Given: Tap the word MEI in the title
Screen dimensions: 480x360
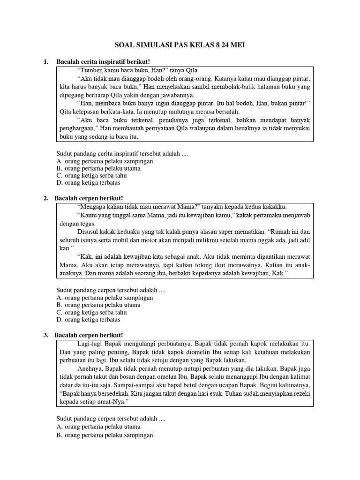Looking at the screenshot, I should [236, 45].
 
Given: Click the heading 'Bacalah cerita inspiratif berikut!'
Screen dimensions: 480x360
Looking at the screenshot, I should [103, 62].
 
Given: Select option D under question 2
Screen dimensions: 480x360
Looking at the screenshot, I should [94, 320].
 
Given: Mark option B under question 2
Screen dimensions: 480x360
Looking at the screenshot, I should [98, 305].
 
